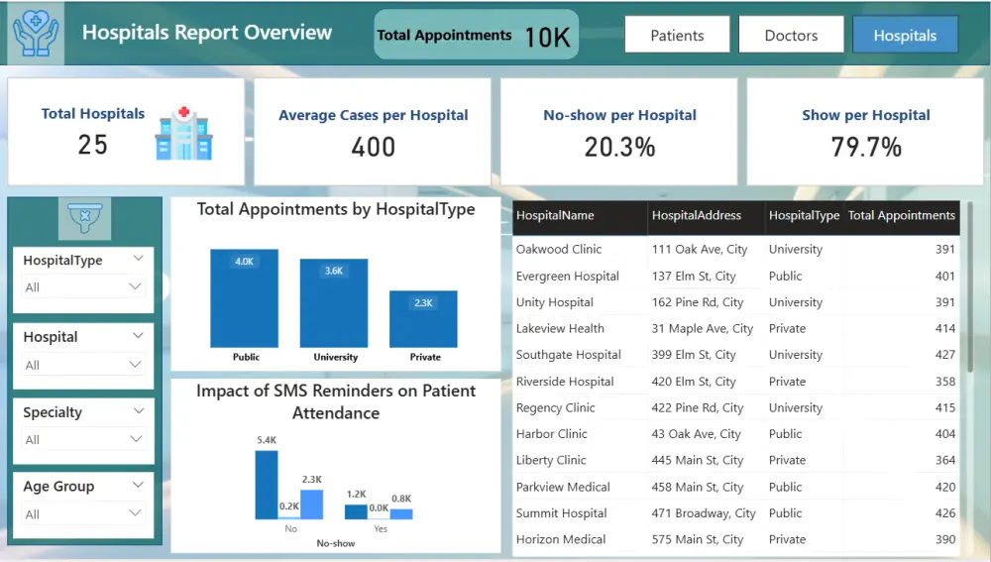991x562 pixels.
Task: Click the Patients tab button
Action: click(x=677, y=35)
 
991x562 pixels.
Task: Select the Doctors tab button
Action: click(x=791, y=35)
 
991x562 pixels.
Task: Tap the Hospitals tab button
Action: click(x=905, y=35)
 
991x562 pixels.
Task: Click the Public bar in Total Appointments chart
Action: click(x=244, y=297)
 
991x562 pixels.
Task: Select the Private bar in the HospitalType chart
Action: click(x=423, y=318)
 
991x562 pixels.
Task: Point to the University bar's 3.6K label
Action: click(x=334, y=271)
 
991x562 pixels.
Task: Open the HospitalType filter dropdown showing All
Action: click(x=84, y=287)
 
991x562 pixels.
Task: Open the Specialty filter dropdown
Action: click(x=84, y=439)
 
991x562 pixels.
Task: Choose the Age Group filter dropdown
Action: click(x=84, y=514)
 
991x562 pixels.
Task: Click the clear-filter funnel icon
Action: click(x=84, y=217)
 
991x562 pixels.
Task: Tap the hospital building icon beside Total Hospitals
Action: click(x=184, y=133)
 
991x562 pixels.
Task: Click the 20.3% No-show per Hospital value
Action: click(x=619, y=147)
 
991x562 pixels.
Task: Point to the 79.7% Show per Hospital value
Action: click(x=865, y=147)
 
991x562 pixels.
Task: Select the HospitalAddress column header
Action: click(x=697, y=215)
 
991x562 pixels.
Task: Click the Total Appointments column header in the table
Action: click(x=902, y=215)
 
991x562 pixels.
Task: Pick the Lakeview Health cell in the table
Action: click(x=560, y=328)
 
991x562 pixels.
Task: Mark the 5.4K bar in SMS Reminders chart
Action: click(x=267, y=485)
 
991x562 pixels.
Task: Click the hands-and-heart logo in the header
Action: click(x=35, y=32)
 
